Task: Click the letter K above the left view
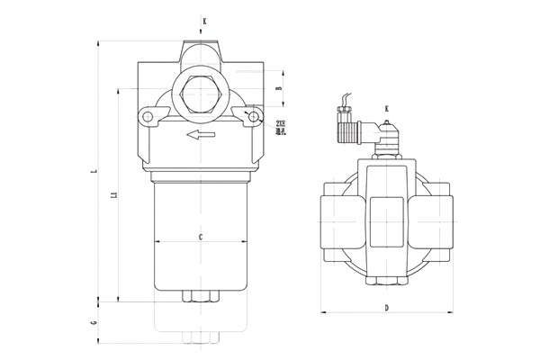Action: (x=203, y=19)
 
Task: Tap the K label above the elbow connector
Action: (x=387, y=109)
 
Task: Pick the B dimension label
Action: (x=279, y=88)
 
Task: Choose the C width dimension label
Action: (x=200, y=236)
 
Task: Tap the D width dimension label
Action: (x=387, y=309)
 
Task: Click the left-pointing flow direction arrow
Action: (x=200, y=135)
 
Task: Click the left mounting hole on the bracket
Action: (x=143, y=116)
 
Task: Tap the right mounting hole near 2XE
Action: (x=256, y=116)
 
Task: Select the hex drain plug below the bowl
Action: (x=200, y=296)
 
